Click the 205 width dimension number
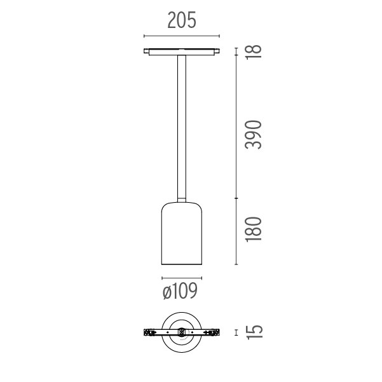click(182, 20)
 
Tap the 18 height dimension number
click(254, 51)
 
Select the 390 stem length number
click(254, 135)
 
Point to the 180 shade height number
click(254, 229)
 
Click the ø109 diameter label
click(180, 290)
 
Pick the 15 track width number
click(255, 332)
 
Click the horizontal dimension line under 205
click(182, 36)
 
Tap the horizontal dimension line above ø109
click(182, 278)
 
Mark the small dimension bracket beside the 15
click(236, 332)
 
